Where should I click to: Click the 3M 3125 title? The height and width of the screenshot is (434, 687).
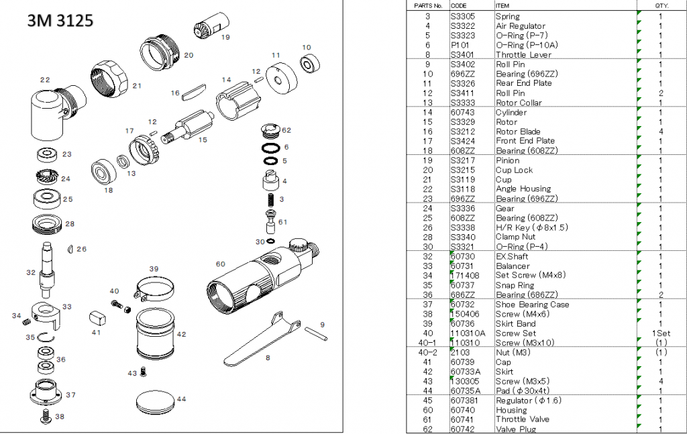coord(60,22)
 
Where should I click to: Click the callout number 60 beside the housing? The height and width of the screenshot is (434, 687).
coord(220,264)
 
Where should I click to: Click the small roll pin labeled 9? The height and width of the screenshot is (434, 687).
coord(312,331)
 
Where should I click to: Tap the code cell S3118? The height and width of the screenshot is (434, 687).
coord(463,189)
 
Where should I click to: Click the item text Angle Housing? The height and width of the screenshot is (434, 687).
coord(523,189)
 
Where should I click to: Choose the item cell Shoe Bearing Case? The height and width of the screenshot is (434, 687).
coord(532,305)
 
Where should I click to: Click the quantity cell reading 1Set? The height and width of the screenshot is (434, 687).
coord(660,333)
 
